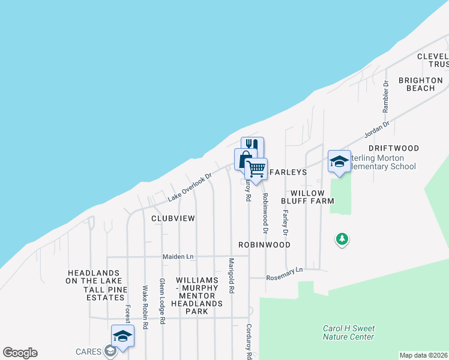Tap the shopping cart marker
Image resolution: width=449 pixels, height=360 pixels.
256,169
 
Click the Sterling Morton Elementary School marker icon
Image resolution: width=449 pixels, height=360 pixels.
339,161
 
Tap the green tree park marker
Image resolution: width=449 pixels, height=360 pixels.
342,239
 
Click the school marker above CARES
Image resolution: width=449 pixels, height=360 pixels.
122,336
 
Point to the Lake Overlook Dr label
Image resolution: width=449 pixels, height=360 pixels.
190,188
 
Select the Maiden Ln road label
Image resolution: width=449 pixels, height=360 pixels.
178,257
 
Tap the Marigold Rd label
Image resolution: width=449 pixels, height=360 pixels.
231,275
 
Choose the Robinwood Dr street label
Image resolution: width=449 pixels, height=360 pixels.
264,214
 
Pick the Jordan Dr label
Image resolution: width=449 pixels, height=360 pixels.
378,131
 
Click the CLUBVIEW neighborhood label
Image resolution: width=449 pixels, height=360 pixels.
173,218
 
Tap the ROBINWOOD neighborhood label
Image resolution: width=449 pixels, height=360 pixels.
264,245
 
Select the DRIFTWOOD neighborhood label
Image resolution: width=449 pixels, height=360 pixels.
393,148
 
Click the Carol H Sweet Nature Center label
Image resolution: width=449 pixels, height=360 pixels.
348,332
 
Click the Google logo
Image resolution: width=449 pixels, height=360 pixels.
20,353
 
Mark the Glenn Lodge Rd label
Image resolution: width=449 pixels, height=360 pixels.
161,301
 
